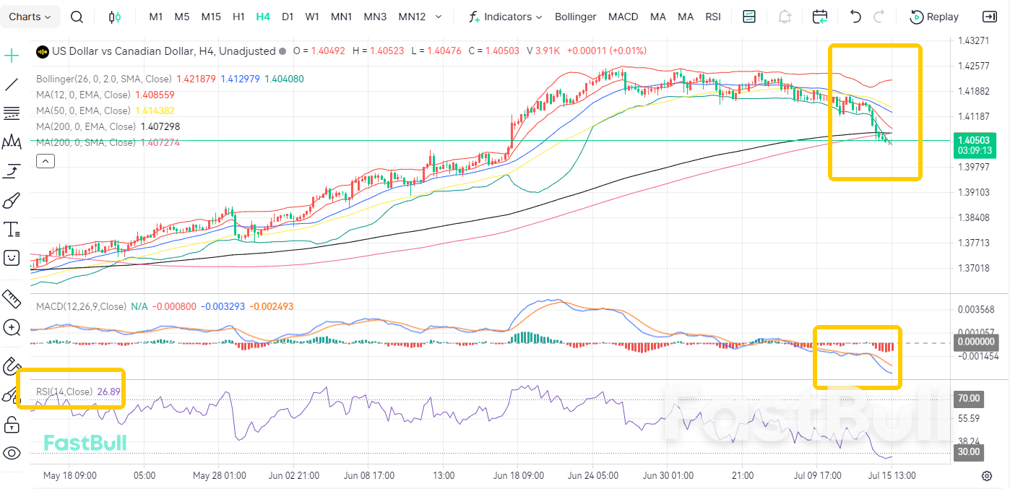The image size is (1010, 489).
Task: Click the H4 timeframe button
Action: pos(263,17)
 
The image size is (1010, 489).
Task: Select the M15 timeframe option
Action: pos(210,17)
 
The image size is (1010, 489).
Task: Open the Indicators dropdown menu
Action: pos(506,17)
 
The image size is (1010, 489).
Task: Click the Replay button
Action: pos(934,17)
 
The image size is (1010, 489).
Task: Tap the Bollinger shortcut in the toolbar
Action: pos(575,17)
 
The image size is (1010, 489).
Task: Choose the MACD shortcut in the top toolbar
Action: pos(623,17)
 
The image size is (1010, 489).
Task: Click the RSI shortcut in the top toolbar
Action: pos(713,17)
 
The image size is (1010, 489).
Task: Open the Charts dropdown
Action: pos(30,17)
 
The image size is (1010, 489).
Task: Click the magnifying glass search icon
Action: pos(77,17)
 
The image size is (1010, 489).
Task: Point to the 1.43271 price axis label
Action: pos(973,40)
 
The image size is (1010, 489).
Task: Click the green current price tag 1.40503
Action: pos(974,141)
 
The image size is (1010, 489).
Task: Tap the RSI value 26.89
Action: pos(108,391)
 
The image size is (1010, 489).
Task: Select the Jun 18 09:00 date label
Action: pos(518,475)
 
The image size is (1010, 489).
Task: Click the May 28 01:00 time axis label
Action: pos(219,475)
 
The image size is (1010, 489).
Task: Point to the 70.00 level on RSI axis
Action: pos(969,399)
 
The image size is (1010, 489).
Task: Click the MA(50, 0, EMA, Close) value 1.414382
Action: pos(155,111)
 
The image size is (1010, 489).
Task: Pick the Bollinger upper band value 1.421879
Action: pos(196,79)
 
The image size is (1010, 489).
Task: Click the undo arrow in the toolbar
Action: pos(855,17)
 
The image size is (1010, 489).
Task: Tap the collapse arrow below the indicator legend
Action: pos(46,161)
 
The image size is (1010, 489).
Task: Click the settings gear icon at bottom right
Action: pos(987,476)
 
